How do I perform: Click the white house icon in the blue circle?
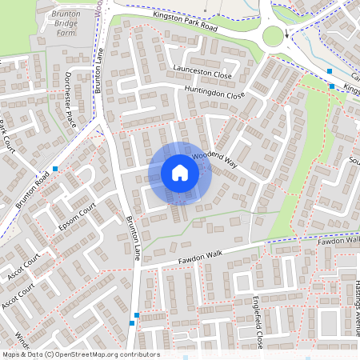click(180, 173)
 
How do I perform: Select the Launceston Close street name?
click(202, 71)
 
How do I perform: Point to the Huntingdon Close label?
click(214, 93)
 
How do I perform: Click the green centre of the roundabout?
click(274, 36)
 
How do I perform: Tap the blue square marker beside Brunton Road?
click(55, 169)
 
